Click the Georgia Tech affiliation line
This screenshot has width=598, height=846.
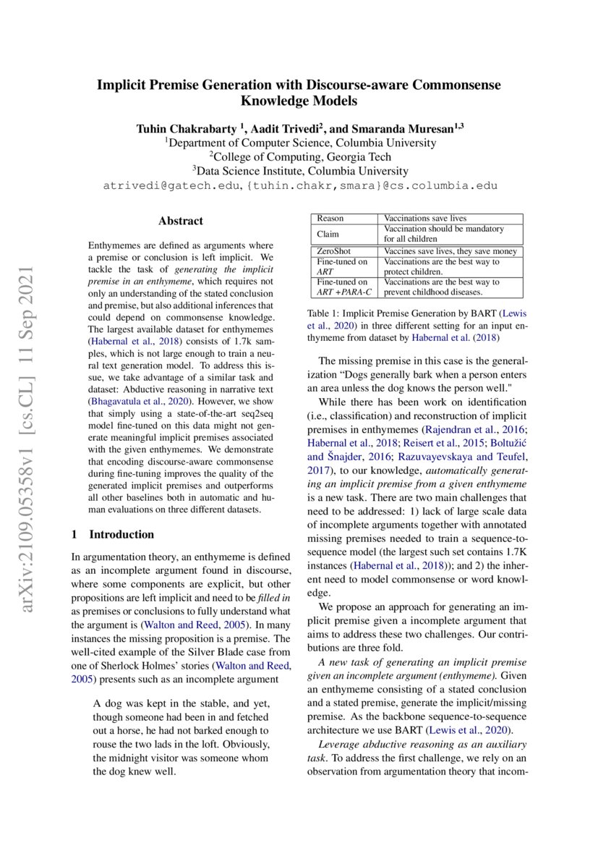(x=300, y=156)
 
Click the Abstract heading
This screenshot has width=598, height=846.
(x=181, y=221)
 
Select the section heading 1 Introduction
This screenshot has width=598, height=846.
(x=112, y=534)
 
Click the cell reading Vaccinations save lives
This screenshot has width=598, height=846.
(x=424, y=218)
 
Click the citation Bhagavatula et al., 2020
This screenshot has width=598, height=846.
(x=137, y=399)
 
